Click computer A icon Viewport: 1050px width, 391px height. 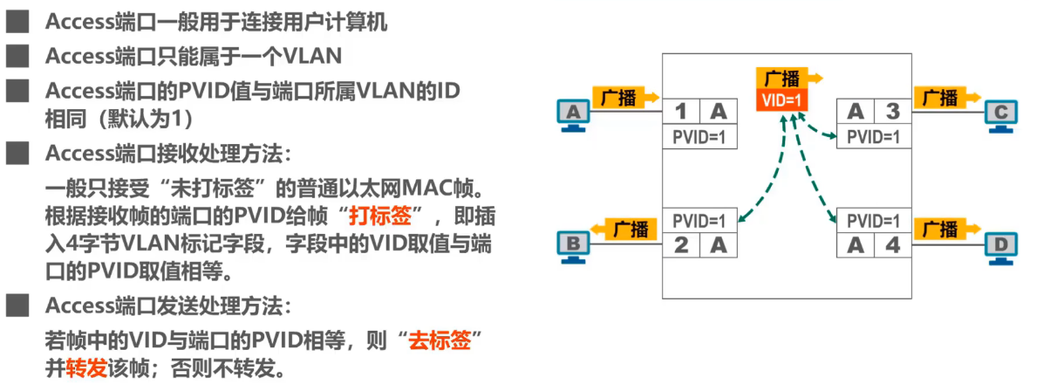(x=573, y=114)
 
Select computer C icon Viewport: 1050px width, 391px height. (x=999, y=114)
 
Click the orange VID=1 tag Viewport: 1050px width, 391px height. (x=781, y=99)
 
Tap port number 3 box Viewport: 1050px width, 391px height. (x=892, y=111)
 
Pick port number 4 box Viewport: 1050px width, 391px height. (x=892, y=244)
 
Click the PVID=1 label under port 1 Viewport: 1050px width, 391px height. (x=699, y=137)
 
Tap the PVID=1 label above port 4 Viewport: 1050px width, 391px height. (x=874, y=220)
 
